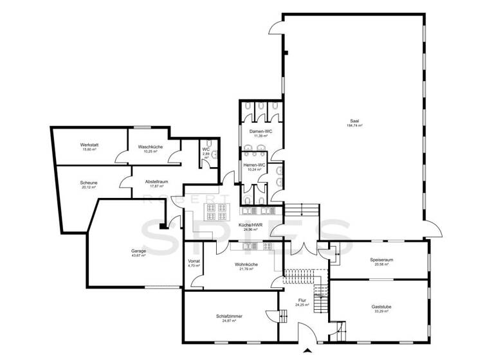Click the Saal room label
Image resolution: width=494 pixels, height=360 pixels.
click(354, 121)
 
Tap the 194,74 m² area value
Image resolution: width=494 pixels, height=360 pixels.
click(354, 126)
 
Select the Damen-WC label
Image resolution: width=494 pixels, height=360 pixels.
click(261, 131)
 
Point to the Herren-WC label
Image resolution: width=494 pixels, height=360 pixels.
click(254, 165)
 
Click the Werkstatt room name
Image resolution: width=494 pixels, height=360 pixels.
click(89, 145)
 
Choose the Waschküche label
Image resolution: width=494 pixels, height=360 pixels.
click(150, 147)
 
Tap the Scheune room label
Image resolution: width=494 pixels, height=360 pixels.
click(89, 182)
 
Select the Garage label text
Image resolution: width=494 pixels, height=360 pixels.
click(138, 251)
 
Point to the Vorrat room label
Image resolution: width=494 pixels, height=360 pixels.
click(194, 260)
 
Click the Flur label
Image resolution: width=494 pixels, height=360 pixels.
click(302, 300)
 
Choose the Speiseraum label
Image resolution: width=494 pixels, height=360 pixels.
click(380, 260)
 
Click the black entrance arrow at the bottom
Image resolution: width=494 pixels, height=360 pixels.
click(308, 351)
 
